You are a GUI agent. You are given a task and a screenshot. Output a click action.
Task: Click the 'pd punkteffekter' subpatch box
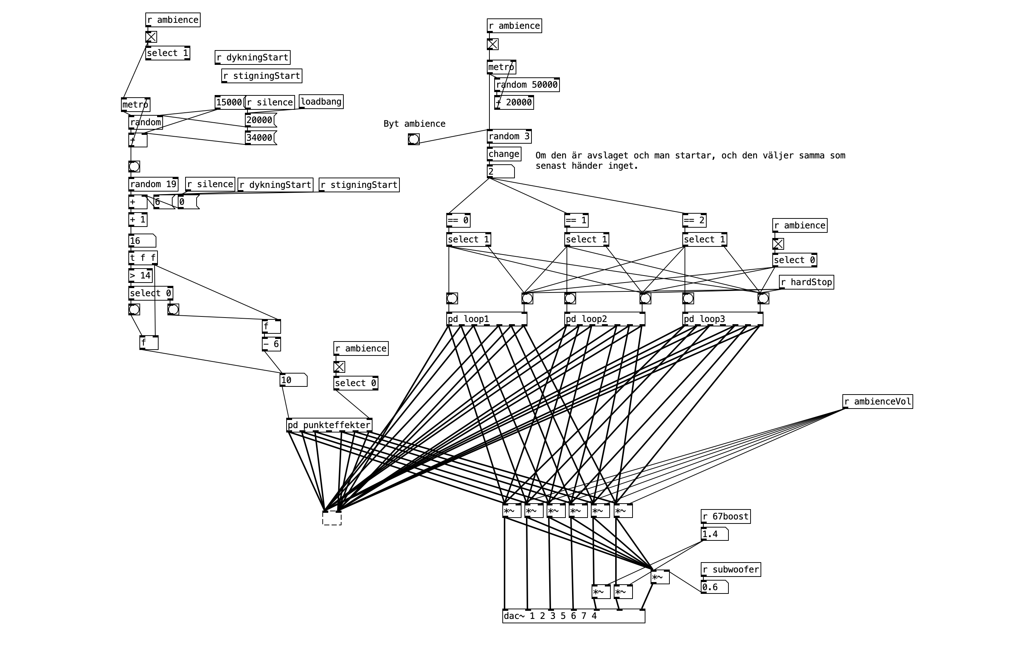[x=329, y=425]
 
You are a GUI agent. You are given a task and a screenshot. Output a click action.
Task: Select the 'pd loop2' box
[x=604, y=319]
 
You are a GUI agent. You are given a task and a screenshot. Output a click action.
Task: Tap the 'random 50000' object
[x=527, y=85]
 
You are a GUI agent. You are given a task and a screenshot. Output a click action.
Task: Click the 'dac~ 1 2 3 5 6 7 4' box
[x=573, y=616]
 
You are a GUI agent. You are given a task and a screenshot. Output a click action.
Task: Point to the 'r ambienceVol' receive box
[x=877, y=402]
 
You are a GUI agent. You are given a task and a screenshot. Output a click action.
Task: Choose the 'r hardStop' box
[x=806, y=282]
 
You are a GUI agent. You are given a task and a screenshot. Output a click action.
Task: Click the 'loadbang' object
[x=321, y=102]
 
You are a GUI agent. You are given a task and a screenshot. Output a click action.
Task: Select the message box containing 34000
[x=260, y=137]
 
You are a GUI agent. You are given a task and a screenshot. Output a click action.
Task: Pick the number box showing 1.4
[x=714, y=534]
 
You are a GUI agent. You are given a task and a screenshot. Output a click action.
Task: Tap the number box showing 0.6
[x=714, y=587]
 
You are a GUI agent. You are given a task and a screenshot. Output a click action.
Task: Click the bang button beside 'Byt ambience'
[x=413, y=139]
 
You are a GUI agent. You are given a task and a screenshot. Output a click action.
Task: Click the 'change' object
[x=504, y=154]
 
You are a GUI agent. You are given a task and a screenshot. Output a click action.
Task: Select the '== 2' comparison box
[x=694, y=220]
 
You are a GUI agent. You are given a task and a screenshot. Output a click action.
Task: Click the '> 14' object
[x=140, y=276]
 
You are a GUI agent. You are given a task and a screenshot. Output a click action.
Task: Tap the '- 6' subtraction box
[x=271, y=344]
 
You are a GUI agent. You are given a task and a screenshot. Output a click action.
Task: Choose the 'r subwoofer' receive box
[x=731, y=570]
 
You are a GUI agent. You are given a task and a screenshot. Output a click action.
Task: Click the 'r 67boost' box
[x=725, y=516]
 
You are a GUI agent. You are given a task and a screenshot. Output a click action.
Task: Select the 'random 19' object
[x=153, y=184]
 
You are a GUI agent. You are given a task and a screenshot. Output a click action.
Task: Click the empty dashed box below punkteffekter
[x=332, y=518]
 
